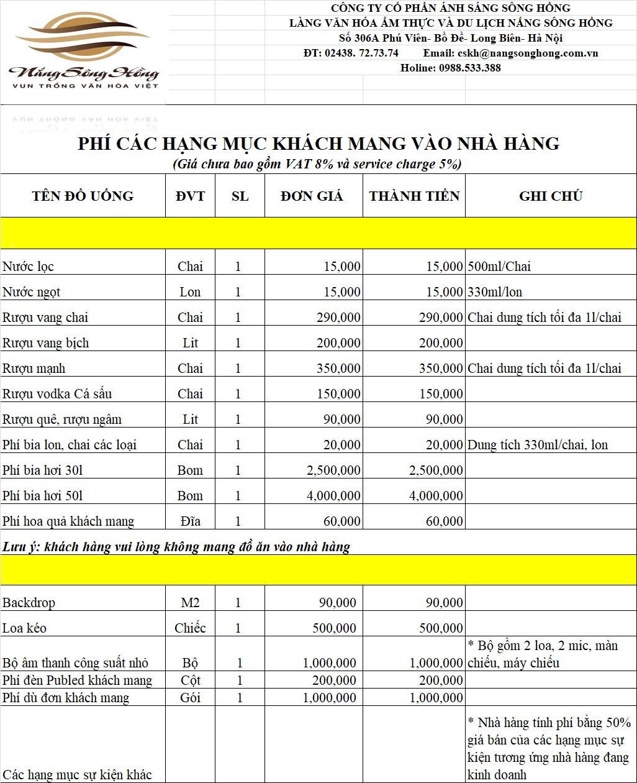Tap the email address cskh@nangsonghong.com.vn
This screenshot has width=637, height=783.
(x=528, y=53)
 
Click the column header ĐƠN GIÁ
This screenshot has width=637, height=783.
(x=312, y=196)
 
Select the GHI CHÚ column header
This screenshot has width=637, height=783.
(x=551, y=196)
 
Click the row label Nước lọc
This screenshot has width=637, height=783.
(x=29, y=267)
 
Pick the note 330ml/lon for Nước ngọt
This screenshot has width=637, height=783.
(x=495, y=292)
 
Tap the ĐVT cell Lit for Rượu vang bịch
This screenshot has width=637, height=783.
(x=190, y=343)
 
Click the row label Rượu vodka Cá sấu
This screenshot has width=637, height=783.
(x=57, y=394)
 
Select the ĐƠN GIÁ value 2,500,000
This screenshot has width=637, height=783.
(x=333, y=470)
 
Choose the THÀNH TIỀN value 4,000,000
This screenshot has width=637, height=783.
(x=436, y=496)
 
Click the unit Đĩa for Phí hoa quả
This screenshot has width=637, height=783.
(x=190, y=521)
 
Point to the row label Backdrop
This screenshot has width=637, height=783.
(x=29, y=603)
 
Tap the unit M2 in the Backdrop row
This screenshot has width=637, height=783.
(x=190, y=603)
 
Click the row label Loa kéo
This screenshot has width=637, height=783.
(x=25, y=628)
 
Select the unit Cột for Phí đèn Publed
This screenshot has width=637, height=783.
(x=190, y=680)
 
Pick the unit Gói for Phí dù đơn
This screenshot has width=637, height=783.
(x=190, y=698)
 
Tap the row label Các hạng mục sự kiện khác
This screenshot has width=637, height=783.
(x=77, y=774)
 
